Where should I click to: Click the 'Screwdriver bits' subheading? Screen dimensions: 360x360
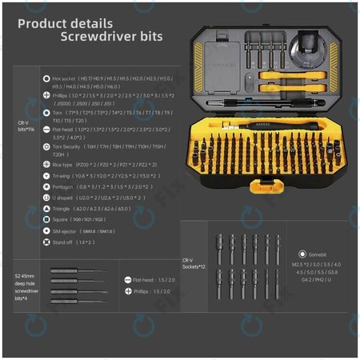pyautogui.click(x=111, y=37)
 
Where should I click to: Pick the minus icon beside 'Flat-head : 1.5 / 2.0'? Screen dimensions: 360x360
pyautogui.click(x=128, y=280)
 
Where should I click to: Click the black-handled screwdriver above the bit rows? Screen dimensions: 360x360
pyautogui.click(x=256, y=127)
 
